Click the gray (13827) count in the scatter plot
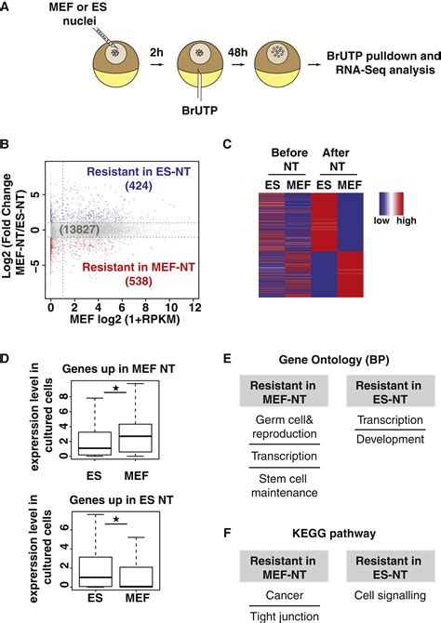click(x=83, y=229)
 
